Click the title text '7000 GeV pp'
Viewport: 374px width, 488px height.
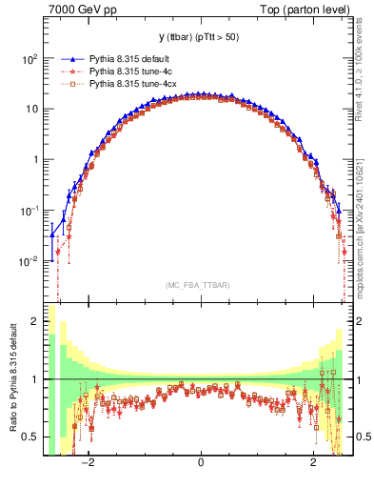pyautogui.click(x=75, y=10)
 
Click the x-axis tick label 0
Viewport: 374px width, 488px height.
pyautogui.click(x=200, y=463)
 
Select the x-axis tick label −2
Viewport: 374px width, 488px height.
pyautogui.click(x=88, y=463)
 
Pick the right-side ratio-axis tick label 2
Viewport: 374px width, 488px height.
pyautogui.click(x=363, y=322)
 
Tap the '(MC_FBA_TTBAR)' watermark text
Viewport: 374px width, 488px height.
pyautogui.click(x=200, y=285)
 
